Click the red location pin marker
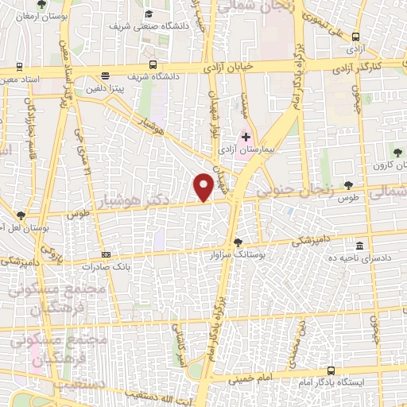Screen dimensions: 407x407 click(203, 186)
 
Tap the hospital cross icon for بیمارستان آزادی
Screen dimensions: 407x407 click(246, 137)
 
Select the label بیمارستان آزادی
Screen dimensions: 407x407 click(246, 149)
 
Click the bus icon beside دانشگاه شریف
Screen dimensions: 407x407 click(152, 66)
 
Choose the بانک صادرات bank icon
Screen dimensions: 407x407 click(107, 255)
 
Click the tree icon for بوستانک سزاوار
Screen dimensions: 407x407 click(238, 242)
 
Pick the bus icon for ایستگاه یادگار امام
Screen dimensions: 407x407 click(331, 370)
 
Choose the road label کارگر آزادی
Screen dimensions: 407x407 click(378, 64)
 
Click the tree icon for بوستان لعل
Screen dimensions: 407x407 click(21, 215)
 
